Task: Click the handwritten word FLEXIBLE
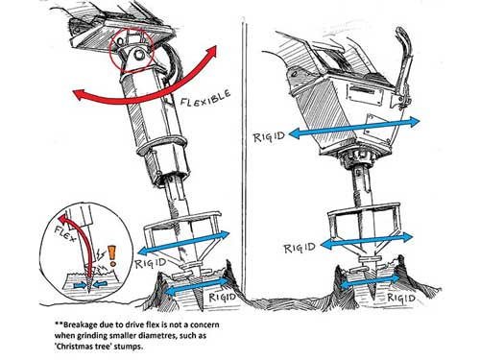tap(205, 98)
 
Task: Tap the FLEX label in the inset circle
tap(65, 233)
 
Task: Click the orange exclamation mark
tap(112, 256)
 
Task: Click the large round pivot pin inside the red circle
tap(139, 55)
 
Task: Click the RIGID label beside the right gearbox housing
tap(269, 137)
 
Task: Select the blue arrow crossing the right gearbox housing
tap(354, 128)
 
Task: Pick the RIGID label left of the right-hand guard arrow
tap(300, 248)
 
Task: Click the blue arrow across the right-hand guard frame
tap(367, 241)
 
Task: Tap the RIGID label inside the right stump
tap(401, 298)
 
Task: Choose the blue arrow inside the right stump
tap(370, 281)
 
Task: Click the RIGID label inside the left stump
tap(223, 297)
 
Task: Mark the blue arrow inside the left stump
tap(196, 286)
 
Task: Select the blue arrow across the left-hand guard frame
tap(183, 243)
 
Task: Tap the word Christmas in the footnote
tap(72, 347)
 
